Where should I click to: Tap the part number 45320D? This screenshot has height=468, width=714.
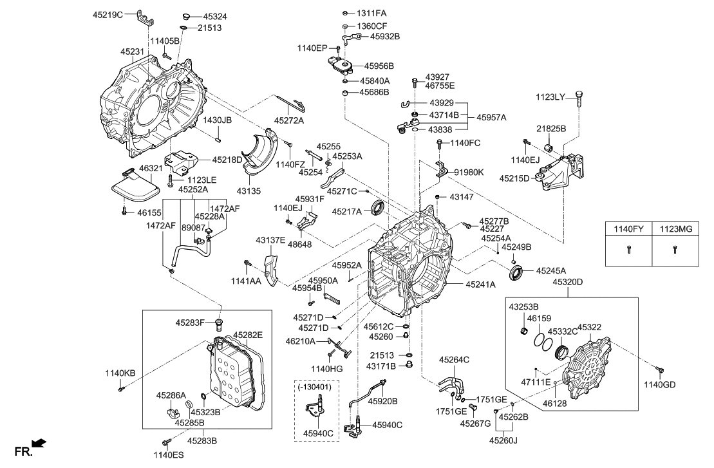[x=567, y=281]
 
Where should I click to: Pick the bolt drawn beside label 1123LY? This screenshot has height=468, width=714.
[x=579, y=98]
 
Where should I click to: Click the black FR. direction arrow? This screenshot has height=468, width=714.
[x=40, y=442]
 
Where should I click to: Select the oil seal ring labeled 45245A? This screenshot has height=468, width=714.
[x=517, y=273]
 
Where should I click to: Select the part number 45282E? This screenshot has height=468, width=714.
[x=248, y=335]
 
